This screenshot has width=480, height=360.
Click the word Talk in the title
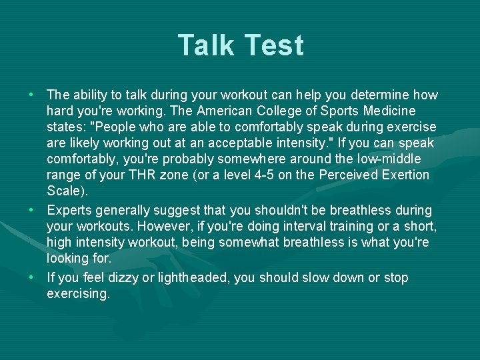coord(206,45)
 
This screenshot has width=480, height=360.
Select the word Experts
coord(70,211)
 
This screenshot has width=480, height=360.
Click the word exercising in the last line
coord(78,294)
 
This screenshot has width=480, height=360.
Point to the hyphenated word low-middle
coord(397,159)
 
